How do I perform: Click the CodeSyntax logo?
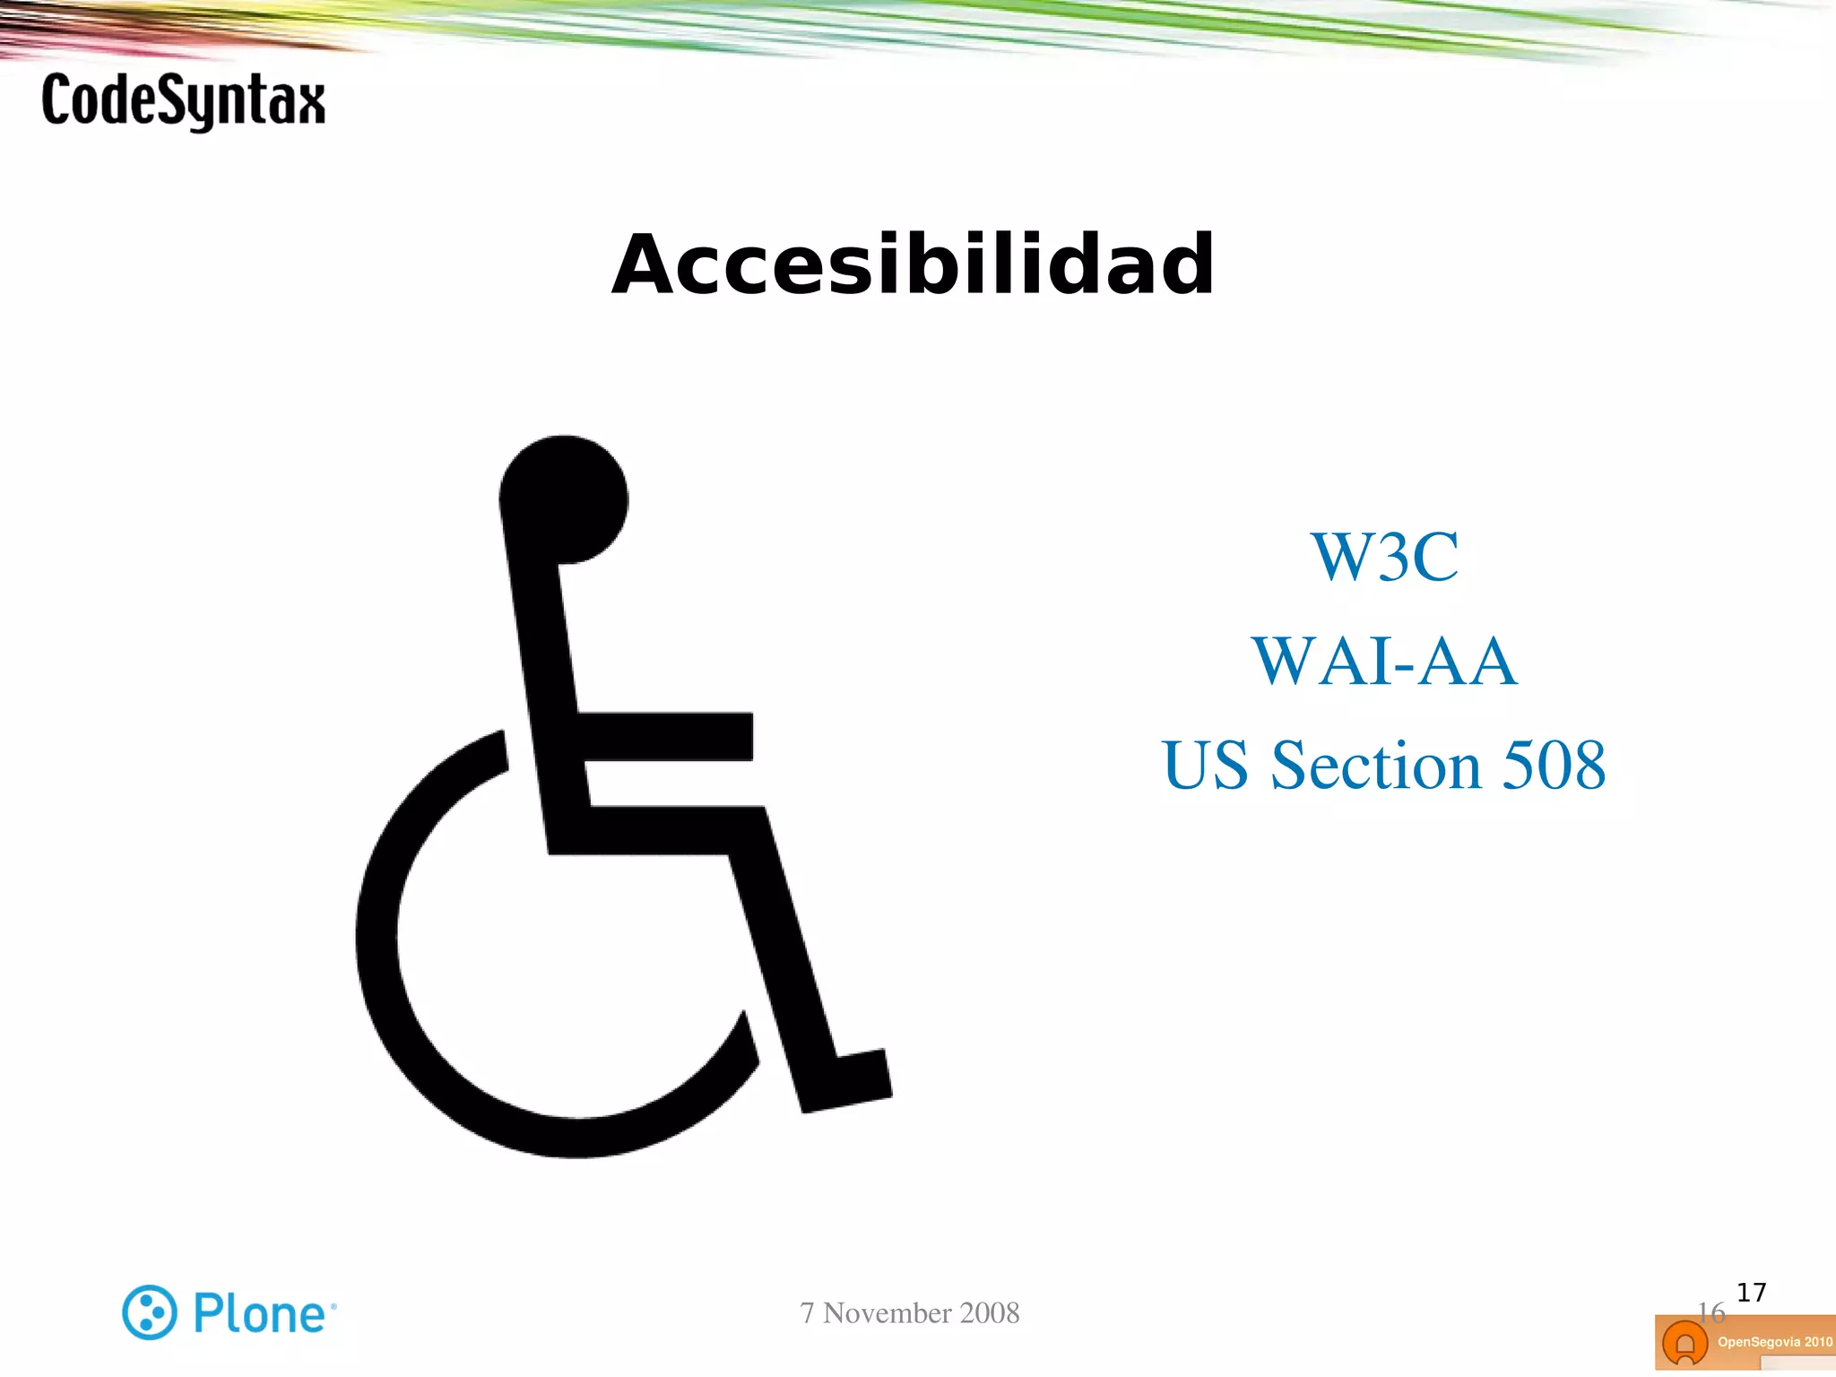tap(183, 101)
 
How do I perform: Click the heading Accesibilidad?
tap(913, 264)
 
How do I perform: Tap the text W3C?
tap(1384, 557)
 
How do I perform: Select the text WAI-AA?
tap(1384, 662)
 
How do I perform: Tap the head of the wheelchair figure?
tap(565, 499)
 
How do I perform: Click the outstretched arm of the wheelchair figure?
tap(668, 737)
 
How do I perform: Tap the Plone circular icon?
tap(149, 1312)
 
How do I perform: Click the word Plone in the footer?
tap(260, 1314)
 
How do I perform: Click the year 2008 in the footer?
tap(990, 1312)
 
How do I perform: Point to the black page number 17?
tap(1751, 1292)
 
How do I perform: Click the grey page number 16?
tap(1710, 1312)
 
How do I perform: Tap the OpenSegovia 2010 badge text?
tap(1774, 1342)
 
